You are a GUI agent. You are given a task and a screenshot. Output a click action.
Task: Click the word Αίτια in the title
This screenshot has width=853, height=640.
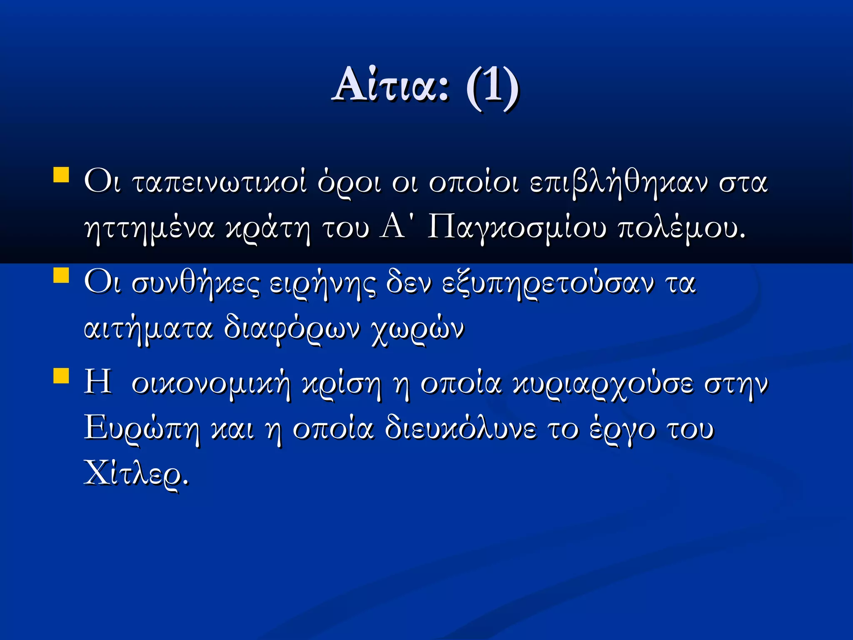[391, 86]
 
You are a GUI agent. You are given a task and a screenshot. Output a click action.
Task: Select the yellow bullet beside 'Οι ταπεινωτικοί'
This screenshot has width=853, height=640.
[61, 175]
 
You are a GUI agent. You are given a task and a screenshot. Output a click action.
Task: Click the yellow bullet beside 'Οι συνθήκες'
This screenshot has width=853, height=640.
[61, 275]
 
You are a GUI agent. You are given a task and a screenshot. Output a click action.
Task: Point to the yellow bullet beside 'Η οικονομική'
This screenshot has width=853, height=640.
[61, 375]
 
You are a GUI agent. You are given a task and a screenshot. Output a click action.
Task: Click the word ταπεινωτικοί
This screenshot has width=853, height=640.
[219, 182]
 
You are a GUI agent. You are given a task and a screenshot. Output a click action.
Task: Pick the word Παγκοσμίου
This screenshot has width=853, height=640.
[516, 228]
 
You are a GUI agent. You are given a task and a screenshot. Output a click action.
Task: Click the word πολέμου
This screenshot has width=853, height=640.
[681, 228]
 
